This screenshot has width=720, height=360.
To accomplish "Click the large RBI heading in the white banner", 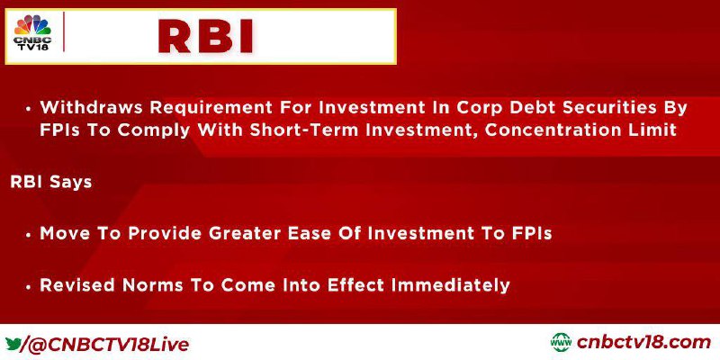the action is pos(205,37).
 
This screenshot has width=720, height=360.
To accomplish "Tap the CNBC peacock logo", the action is pos(32,32).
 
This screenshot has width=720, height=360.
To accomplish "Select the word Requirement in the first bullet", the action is pos(207,108).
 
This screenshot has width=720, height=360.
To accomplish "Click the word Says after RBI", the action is pos(71,183).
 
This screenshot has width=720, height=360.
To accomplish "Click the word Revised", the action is pos(76,285).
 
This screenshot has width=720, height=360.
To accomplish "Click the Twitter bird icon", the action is pos(13,343).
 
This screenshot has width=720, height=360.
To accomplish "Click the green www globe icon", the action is pos(561,343).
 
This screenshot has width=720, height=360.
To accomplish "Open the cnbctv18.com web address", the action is pos(643,343).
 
